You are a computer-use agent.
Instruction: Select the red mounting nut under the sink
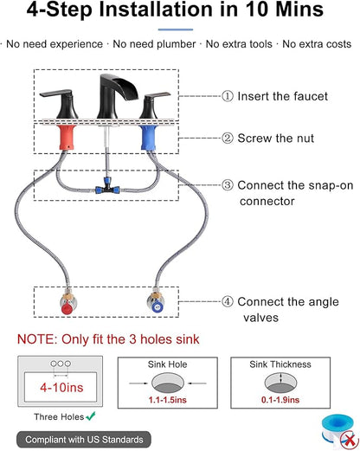[x=67, y=138]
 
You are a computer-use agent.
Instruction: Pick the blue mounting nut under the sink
[x=149, y=138]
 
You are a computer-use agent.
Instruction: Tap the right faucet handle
[x=153, y=106]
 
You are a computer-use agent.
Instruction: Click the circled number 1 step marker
[x=228, y=96]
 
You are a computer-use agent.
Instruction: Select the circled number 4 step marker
[x=228, y=301]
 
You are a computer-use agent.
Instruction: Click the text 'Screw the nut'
[x=275, y=139]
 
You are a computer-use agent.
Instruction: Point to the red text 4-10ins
[x=61, y=387]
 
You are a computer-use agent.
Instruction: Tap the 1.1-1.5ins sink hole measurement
[x=167, y=400]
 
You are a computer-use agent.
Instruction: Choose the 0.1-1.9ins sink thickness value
[x=280, y=400]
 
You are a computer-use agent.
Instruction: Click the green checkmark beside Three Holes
[x=91, y=416]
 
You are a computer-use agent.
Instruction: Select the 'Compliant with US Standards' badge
[x=84, y=440]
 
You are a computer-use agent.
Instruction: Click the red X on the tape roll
[x=350, y=440]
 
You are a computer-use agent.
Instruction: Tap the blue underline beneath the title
[x=176, y=29]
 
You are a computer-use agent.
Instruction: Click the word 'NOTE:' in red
[x=37, y=339]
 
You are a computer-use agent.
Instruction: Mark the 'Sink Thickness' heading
[x=280, y=364]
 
